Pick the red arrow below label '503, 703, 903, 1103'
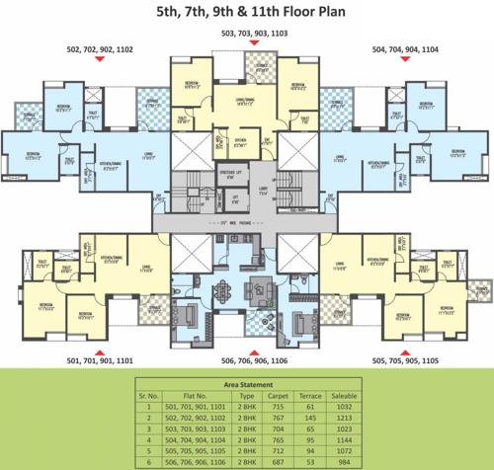(x=246, y=46)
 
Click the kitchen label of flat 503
(x=239, y=141)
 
